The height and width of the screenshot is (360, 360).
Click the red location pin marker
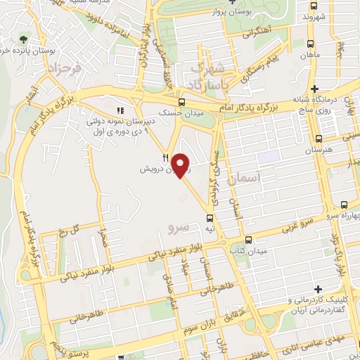(181, 165)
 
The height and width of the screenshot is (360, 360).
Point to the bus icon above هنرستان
(321, 139)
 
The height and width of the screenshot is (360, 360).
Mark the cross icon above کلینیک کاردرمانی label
(319, 289)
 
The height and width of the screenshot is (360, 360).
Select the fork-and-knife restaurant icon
(165, 157)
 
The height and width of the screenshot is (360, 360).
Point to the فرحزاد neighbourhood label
(61, 69)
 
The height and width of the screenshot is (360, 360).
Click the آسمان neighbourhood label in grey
(260, 181)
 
